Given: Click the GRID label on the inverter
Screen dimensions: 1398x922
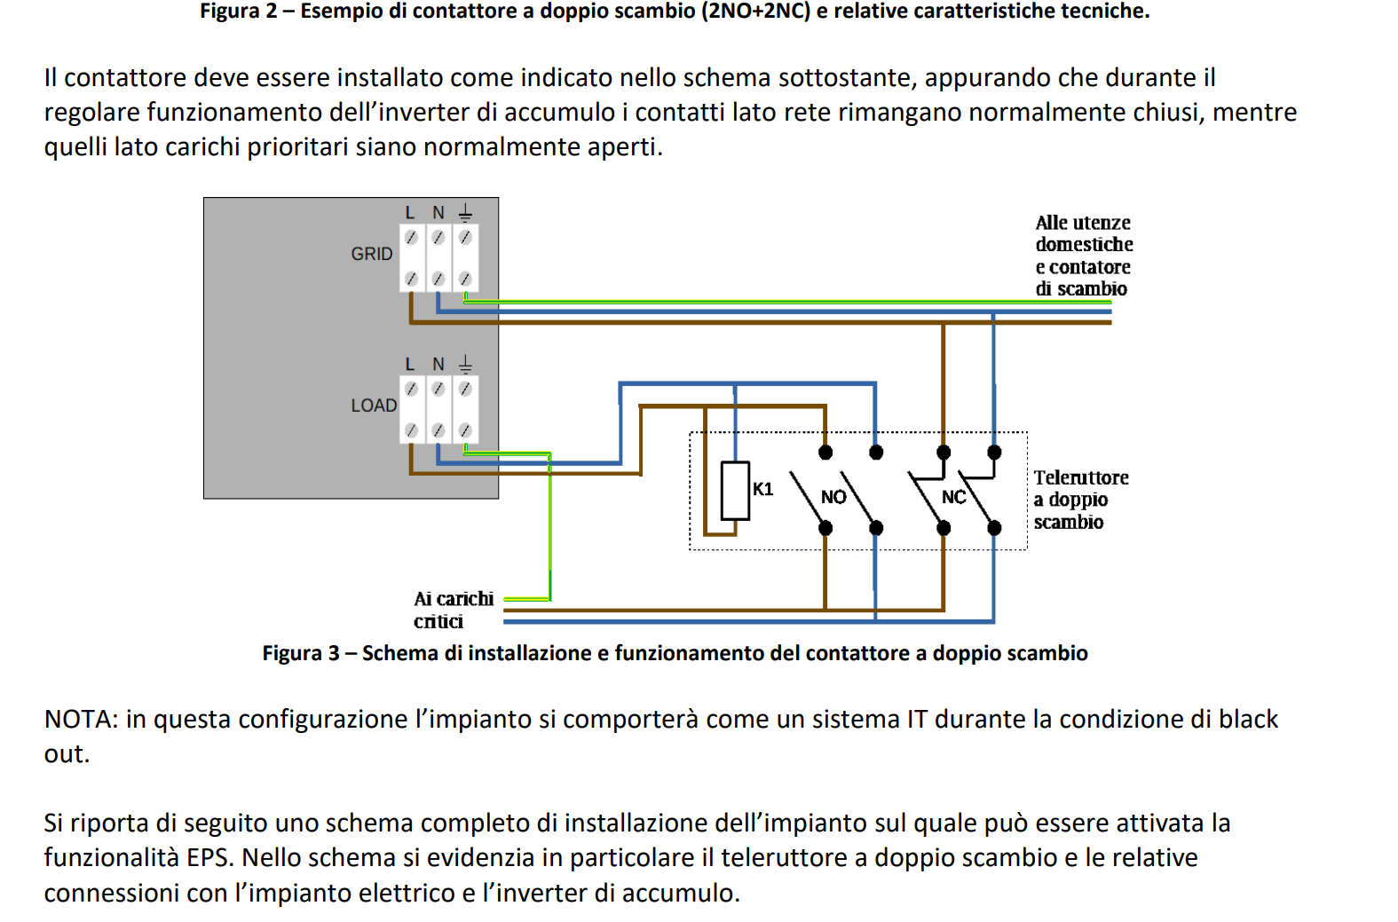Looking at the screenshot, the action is [x=372, y=254].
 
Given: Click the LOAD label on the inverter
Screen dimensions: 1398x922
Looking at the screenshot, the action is [x=374, y=406].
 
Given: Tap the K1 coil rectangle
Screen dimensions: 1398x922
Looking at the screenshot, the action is [x=735, y=491].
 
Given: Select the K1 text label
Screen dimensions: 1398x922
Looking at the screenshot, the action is [x=762, y=489].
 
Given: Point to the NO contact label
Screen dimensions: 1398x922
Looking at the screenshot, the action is [x=833, y=497].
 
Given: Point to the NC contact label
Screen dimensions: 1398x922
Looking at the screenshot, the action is [x=953, y=497].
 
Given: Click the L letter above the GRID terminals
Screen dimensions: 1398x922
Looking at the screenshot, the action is [x=410, y=213].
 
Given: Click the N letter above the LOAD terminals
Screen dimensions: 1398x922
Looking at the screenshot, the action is [x=438, y=365].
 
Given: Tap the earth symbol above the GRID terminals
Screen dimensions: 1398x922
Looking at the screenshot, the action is [x=466, y=213].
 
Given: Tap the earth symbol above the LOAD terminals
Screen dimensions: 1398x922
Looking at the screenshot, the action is [x=466, y=364].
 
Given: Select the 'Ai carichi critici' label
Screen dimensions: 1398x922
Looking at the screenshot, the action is [x=454, y=611].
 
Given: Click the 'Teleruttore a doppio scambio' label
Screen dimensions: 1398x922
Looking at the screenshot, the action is [x=1081, y=500].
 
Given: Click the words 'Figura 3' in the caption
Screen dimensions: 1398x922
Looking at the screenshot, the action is [x=300, y=653].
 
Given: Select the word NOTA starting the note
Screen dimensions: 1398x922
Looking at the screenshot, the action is [x=81, y=720].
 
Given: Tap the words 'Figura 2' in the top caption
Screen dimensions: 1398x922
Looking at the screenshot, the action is [x=238, y=12].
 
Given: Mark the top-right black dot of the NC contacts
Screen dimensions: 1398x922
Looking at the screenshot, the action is [x=994, y=453].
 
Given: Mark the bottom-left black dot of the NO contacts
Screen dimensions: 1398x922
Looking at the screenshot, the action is [x=825, y=528].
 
